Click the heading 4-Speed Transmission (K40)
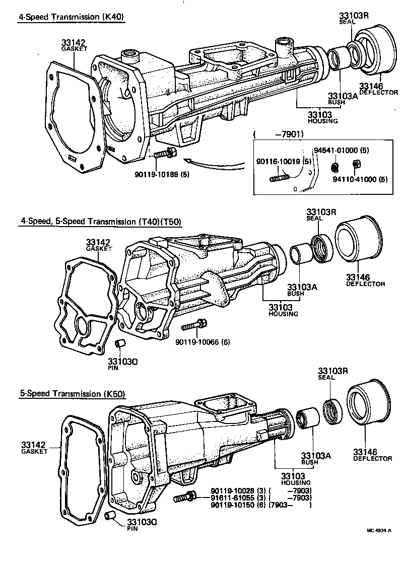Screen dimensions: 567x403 tap(71, 17)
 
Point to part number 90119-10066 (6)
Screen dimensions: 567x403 tap(203, 342)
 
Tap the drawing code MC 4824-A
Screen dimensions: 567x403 tap(379, 530)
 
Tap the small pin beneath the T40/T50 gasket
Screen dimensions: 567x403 tap(120, 344)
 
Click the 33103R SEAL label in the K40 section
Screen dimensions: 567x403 tap(353, 18)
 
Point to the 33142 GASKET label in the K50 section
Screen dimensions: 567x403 tap(34, 448)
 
